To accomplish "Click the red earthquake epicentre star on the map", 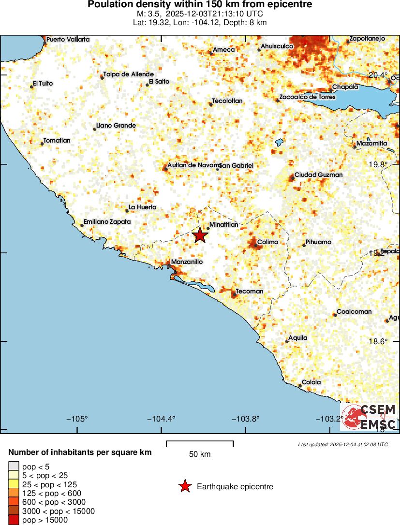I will click(200, 235).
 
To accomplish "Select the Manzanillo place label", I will click(187, 262).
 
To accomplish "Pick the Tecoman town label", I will click(250, 291).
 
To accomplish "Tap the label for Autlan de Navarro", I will click(194, 165).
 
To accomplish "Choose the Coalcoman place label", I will click(354, 311).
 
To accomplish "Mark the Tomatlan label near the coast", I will click(57, 141).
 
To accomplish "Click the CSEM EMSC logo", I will click(369, 417).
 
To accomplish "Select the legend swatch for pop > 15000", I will click(14, 520).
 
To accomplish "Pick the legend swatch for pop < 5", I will click(14, 467).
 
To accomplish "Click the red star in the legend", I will click(185, 487).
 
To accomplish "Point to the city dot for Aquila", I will click(287, 341).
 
